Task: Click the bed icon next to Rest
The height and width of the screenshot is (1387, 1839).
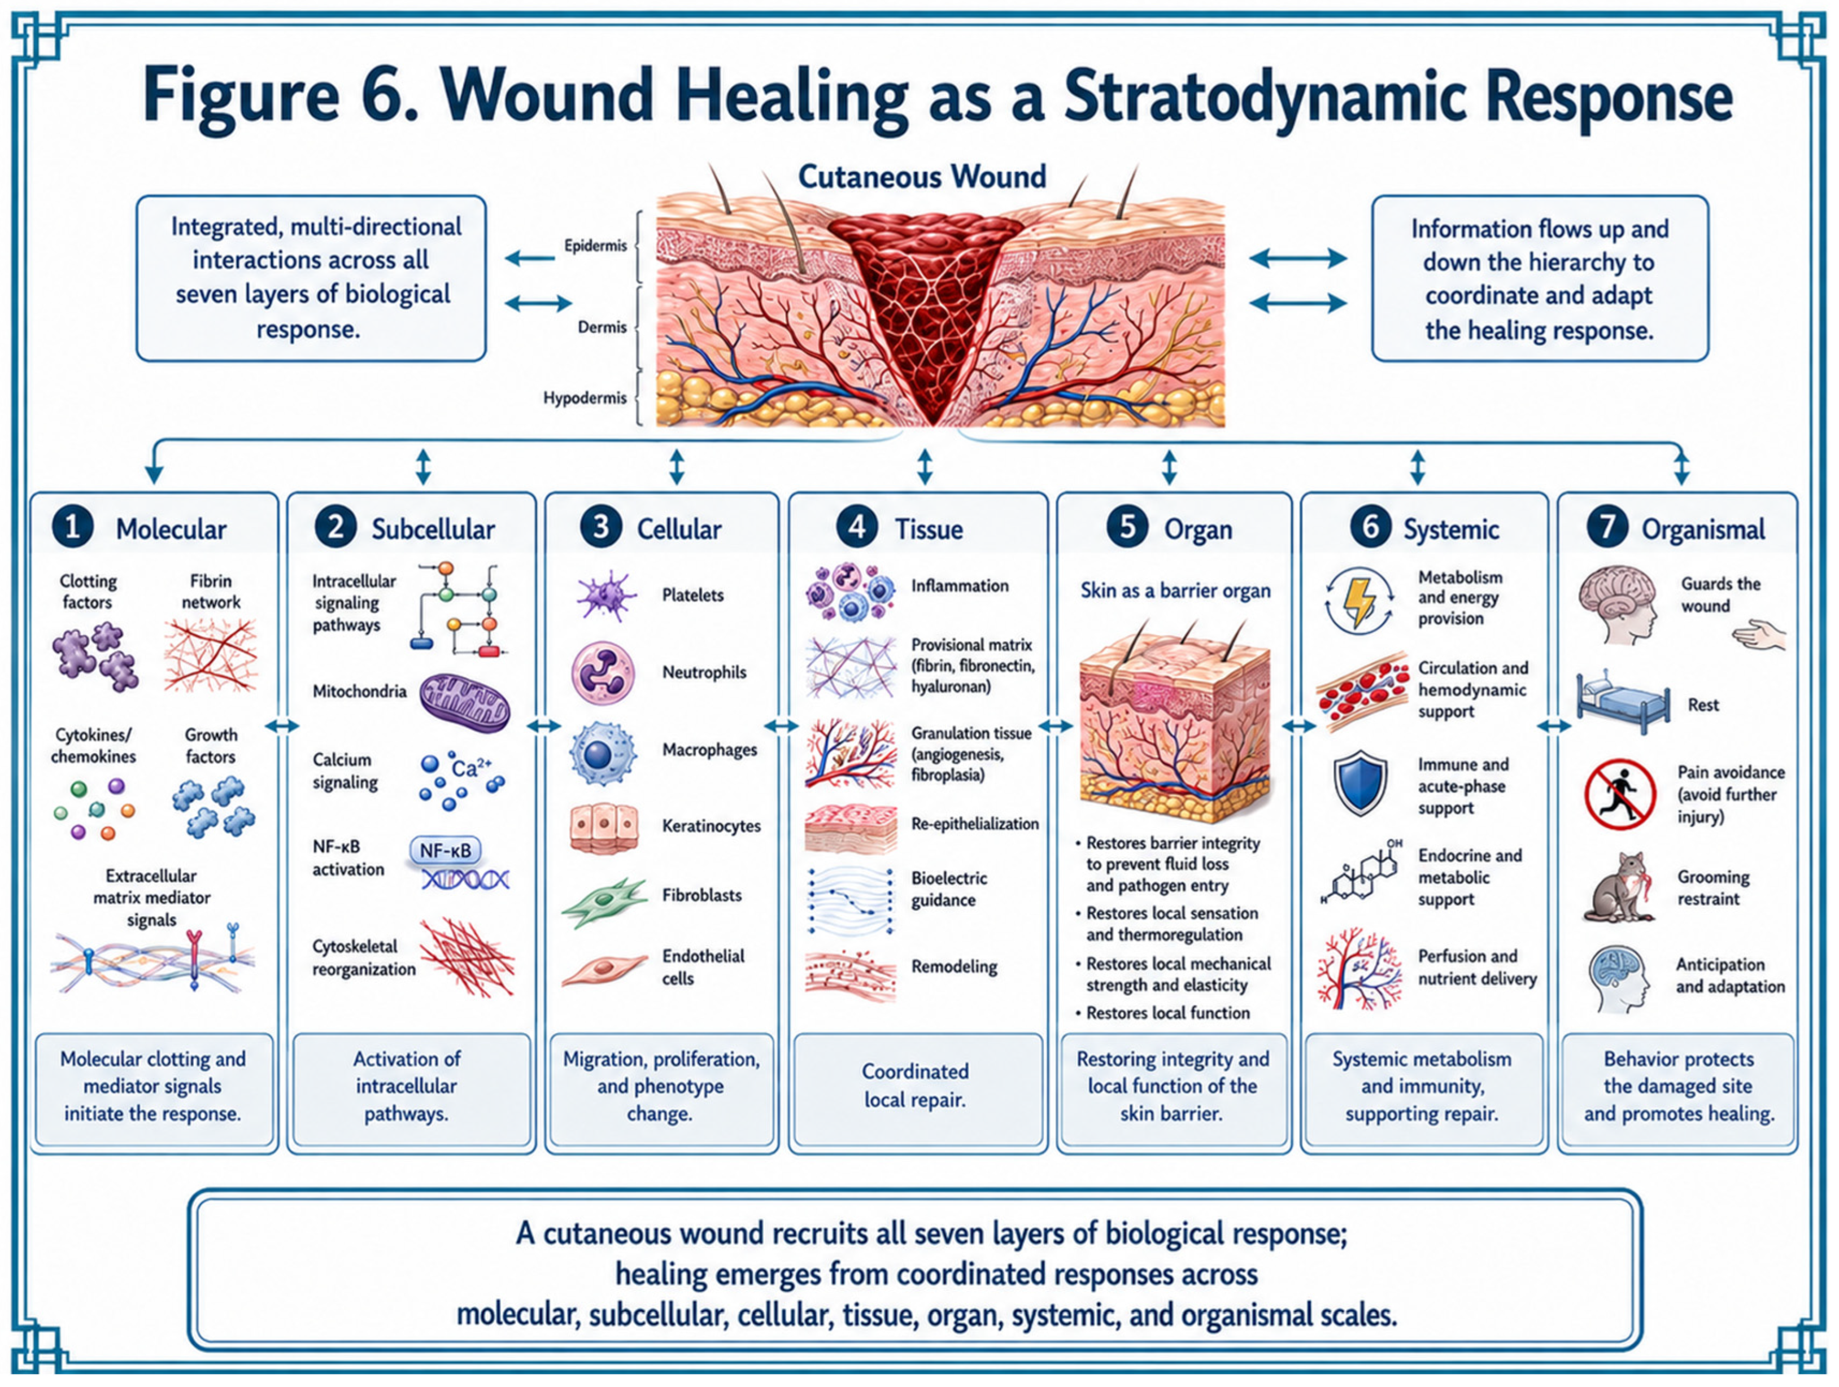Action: coord(1623,702)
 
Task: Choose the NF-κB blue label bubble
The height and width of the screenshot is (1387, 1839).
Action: coord(446,850)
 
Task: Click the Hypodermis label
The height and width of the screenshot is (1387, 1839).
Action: coord(585,398)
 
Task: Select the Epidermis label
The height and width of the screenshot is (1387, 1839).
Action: coord(595,246)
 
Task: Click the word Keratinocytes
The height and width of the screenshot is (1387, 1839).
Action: coord(712,826)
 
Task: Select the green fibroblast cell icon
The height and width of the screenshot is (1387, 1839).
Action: coord(604,902)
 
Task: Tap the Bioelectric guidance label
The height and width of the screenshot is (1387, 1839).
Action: coord(949,889)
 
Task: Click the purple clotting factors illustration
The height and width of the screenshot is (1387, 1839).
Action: coord(95,657)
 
